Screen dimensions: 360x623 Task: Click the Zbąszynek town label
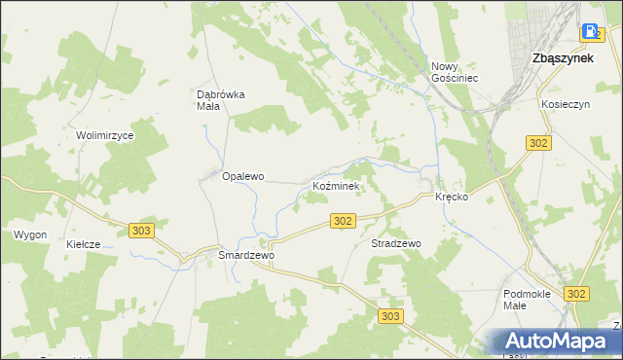coord(565,58)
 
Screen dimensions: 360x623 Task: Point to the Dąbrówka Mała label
coord(221,100)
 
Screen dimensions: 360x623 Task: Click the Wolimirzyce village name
coord(105,135)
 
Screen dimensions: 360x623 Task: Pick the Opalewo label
coord(243,177)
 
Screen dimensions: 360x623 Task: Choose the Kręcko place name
coord(453,197)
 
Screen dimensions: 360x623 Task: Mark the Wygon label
coord(30,235)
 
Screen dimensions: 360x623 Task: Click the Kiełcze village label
coord(84,244)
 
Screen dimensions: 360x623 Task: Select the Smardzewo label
coord(247,255)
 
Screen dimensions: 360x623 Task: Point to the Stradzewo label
coord(395,243)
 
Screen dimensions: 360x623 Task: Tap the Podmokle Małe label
coord(528,299)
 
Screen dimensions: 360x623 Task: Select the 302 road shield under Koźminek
coord(342,222)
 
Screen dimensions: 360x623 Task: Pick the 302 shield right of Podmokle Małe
coord(576,293)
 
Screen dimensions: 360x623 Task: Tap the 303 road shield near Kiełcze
coord(141,230)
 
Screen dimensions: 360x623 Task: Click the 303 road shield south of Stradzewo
coord(390,316)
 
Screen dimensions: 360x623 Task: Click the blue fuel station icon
coord(590,31)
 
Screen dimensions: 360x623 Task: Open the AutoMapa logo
coord(558,342)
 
